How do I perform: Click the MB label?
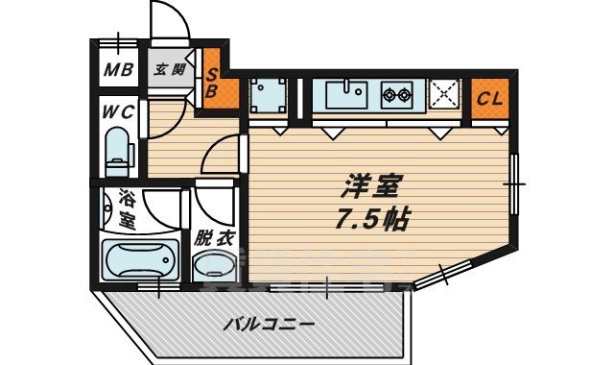[118, 68]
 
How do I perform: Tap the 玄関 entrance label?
[173, 68]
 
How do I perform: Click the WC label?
[118, 110]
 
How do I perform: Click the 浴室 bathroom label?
[126, 210]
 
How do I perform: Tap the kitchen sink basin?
[344, 97]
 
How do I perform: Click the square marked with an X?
[444, 96]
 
